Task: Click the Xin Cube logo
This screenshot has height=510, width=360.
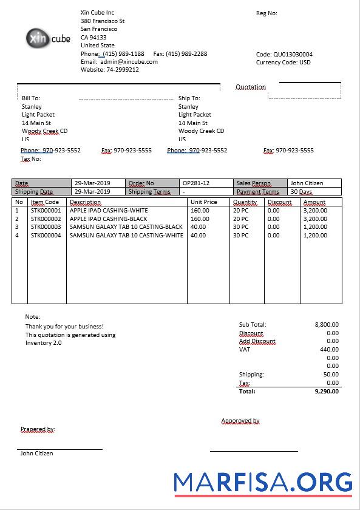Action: (x=48, y=38)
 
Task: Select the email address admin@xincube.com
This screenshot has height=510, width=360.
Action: (x=129, y=61)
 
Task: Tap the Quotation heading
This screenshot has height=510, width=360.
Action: (x=251, y=87)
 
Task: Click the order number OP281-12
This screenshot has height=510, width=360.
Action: (x=196, y=183)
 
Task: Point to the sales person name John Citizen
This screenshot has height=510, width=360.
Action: (x=307, y=183)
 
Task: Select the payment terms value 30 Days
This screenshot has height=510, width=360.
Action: (x=302, y=191)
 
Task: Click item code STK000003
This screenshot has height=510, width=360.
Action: (x=46, y=226)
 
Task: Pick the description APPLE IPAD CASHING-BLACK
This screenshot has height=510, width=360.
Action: (x=109, y=219)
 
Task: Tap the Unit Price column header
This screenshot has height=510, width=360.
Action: (x=204, y=202)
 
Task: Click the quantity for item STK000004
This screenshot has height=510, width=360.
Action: (x=241, y=235)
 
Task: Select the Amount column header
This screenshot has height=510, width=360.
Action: (x=314, y=202)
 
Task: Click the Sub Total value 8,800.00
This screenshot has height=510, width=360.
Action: (x=327, y=325)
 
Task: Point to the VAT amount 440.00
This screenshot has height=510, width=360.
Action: (x=329, y=349)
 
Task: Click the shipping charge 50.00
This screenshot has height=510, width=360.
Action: (x=331, y=375)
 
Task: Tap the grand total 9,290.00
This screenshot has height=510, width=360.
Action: (x=327, y=392)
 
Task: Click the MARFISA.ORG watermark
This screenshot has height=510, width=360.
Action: (x=263, y=483)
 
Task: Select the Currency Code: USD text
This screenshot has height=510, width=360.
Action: (x=284, y=62)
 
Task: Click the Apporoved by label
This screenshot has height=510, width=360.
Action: (x=240, y=421)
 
